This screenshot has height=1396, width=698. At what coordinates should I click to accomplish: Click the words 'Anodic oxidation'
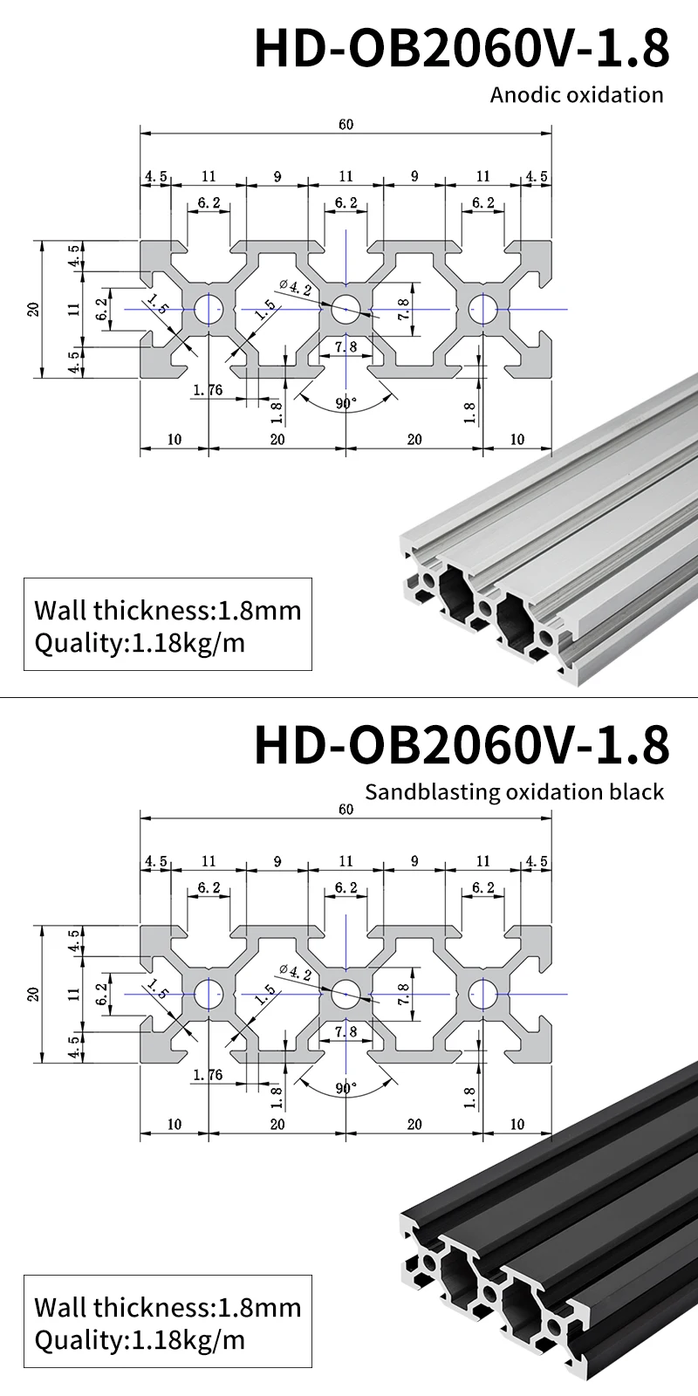pyautogui.click(x=577, y=94)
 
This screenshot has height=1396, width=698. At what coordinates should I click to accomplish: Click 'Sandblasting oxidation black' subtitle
pyautogui.click(x=514, y=791)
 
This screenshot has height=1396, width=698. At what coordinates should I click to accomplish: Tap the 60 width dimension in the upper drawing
pyautogui.click(x=346, y=125)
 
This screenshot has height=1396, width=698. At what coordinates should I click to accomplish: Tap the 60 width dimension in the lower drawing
pyautogui.click(x=346, y=810)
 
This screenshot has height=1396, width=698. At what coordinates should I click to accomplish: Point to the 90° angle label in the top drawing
pyautogui.click(x=346, y=404)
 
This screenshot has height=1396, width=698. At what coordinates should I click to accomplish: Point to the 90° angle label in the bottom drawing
pyautogui.click(x=346, y=1089)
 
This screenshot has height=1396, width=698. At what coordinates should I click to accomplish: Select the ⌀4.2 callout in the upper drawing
pyautogui.click(x=295, y=286)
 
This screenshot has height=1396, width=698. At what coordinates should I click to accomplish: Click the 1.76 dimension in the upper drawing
pyautogui.click(x=208, y=390)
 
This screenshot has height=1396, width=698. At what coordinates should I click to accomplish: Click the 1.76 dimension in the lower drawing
pyautogui.click(x=208, y=1075)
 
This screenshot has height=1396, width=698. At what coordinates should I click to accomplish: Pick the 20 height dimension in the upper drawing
pyautogui.click(x=33, y=309)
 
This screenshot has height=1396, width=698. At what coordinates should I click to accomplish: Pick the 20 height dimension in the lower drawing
pyautogui.click(x=33, y=994)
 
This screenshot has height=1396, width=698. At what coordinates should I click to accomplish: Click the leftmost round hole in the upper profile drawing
pyautogui.click(x=209, y=309)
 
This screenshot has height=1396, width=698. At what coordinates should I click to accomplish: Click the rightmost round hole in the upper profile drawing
pyautogui.click(x=483, y=309)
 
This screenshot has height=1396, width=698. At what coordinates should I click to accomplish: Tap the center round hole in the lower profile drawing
pyautogui.click(x=346, y=994)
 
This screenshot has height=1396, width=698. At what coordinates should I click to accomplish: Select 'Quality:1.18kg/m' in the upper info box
pyautogui.click(x=140, y=644)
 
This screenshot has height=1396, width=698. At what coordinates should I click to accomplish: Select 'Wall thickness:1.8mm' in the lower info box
pyautogui.click(x=168, y=1307)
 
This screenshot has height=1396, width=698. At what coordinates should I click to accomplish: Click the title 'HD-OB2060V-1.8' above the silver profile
pyautogui.click(x=462, y=48)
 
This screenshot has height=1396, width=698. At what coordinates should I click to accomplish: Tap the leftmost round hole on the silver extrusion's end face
pyautogui.click(x=429, y=579)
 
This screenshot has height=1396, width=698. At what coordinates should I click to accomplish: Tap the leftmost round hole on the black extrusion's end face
pyautogui.click(x=429, y=1263)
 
